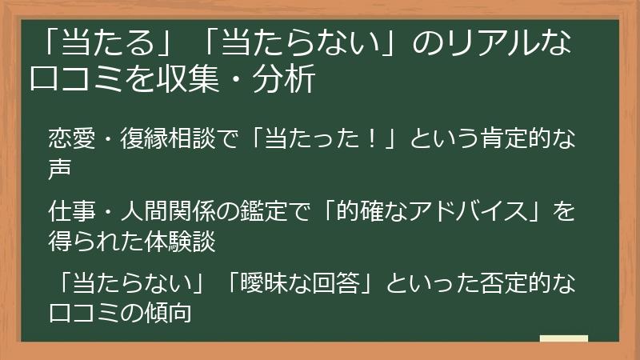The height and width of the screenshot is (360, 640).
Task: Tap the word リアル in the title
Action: coord(490,42)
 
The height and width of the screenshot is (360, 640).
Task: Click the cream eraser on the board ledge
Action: coord(563,338)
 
